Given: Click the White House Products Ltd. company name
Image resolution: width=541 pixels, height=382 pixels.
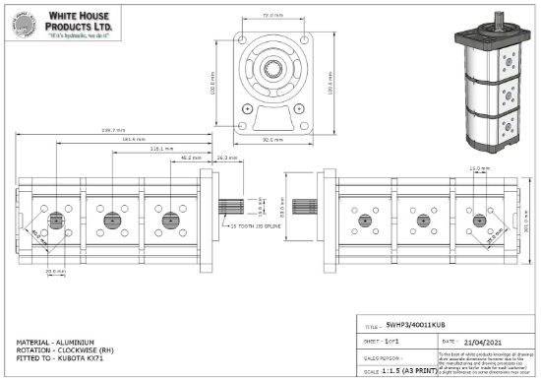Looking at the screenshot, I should pyautogui.click(x=83, y=18).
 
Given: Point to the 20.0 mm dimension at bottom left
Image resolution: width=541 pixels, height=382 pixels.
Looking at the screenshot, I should pyautogui.click(x=57, y=274).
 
